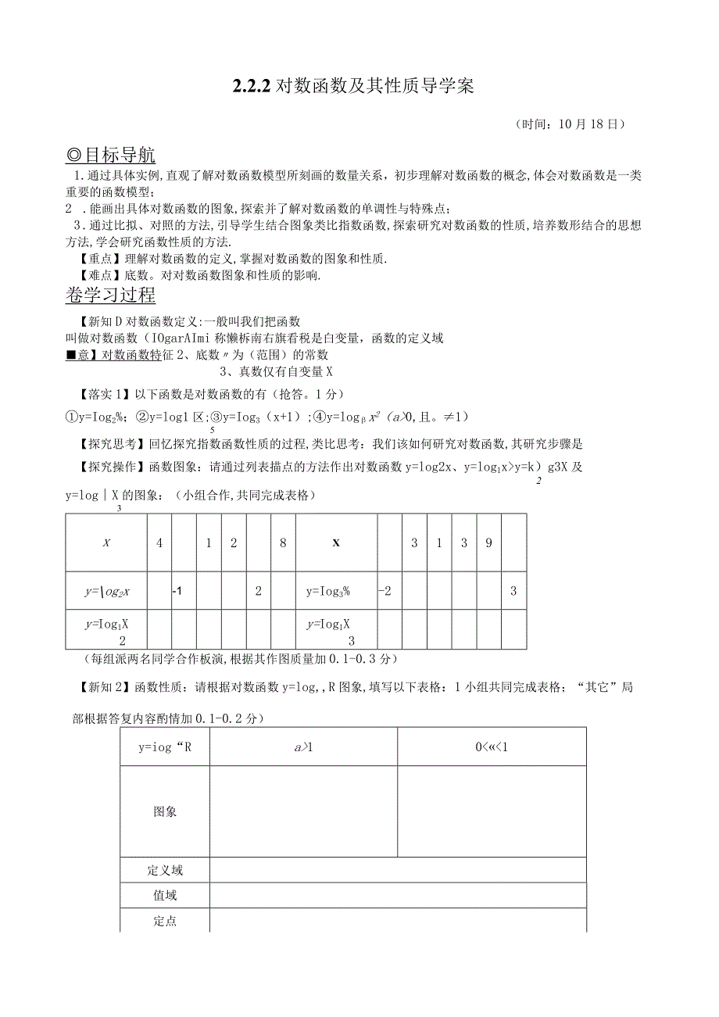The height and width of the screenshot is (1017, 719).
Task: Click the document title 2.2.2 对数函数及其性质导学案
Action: coord(352,87)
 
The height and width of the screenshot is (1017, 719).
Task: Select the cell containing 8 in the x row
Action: coord(283,543)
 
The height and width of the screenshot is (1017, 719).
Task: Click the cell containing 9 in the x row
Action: coord(488,543)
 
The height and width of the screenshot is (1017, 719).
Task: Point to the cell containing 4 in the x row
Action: coord(159,543)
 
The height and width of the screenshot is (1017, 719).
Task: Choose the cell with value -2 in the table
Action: coord(385,591)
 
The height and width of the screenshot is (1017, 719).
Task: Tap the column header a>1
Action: coord(303,747)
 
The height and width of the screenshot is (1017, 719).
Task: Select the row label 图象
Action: coord(165,811)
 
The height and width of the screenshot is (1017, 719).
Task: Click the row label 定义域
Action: coord(165,870)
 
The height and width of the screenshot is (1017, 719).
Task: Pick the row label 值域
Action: coord(165,896)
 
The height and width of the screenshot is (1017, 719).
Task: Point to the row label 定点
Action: coord(165,922)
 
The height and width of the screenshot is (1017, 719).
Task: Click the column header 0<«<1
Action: coord(492,747)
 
